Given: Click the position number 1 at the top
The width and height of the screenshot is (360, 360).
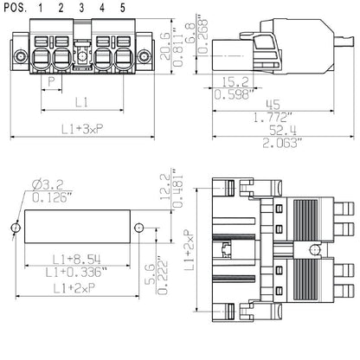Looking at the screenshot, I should pos(42,8).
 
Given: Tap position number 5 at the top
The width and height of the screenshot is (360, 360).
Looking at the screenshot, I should pos(121,8).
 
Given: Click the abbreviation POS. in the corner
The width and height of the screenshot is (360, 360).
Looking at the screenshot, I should pos(14,8).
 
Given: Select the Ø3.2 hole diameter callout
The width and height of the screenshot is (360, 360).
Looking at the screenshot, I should pos(36,183).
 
